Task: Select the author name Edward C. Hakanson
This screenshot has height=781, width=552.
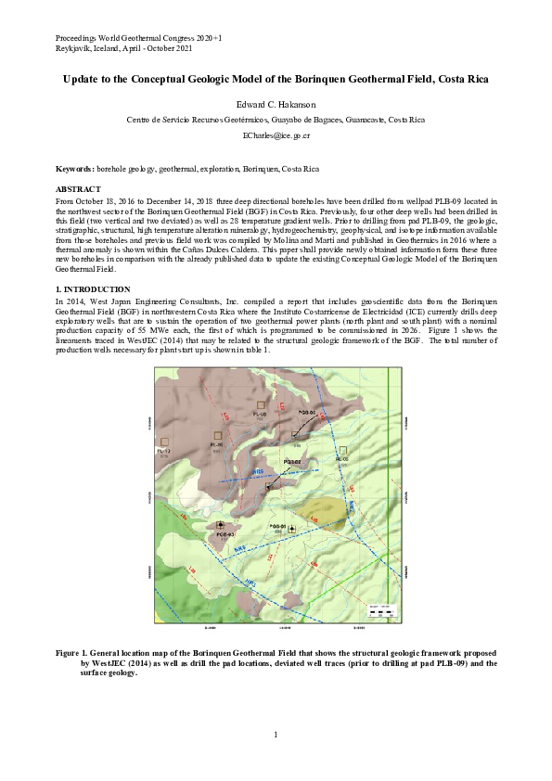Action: coord(276,105)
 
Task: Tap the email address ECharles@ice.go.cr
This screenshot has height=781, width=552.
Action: coord(276,135)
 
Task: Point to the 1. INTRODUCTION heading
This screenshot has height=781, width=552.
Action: coord(92,290)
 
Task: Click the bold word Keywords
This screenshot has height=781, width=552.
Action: coord(74,170)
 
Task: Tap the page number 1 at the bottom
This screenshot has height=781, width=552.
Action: coord(276,736)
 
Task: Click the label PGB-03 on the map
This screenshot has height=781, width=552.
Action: coord(225,535)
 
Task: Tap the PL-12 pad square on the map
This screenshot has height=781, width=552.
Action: coord(164,442)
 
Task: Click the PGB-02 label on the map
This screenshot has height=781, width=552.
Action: coord(293,461)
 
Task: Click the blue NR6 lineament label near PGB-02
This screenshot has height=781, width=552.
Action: coord(259,472)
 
